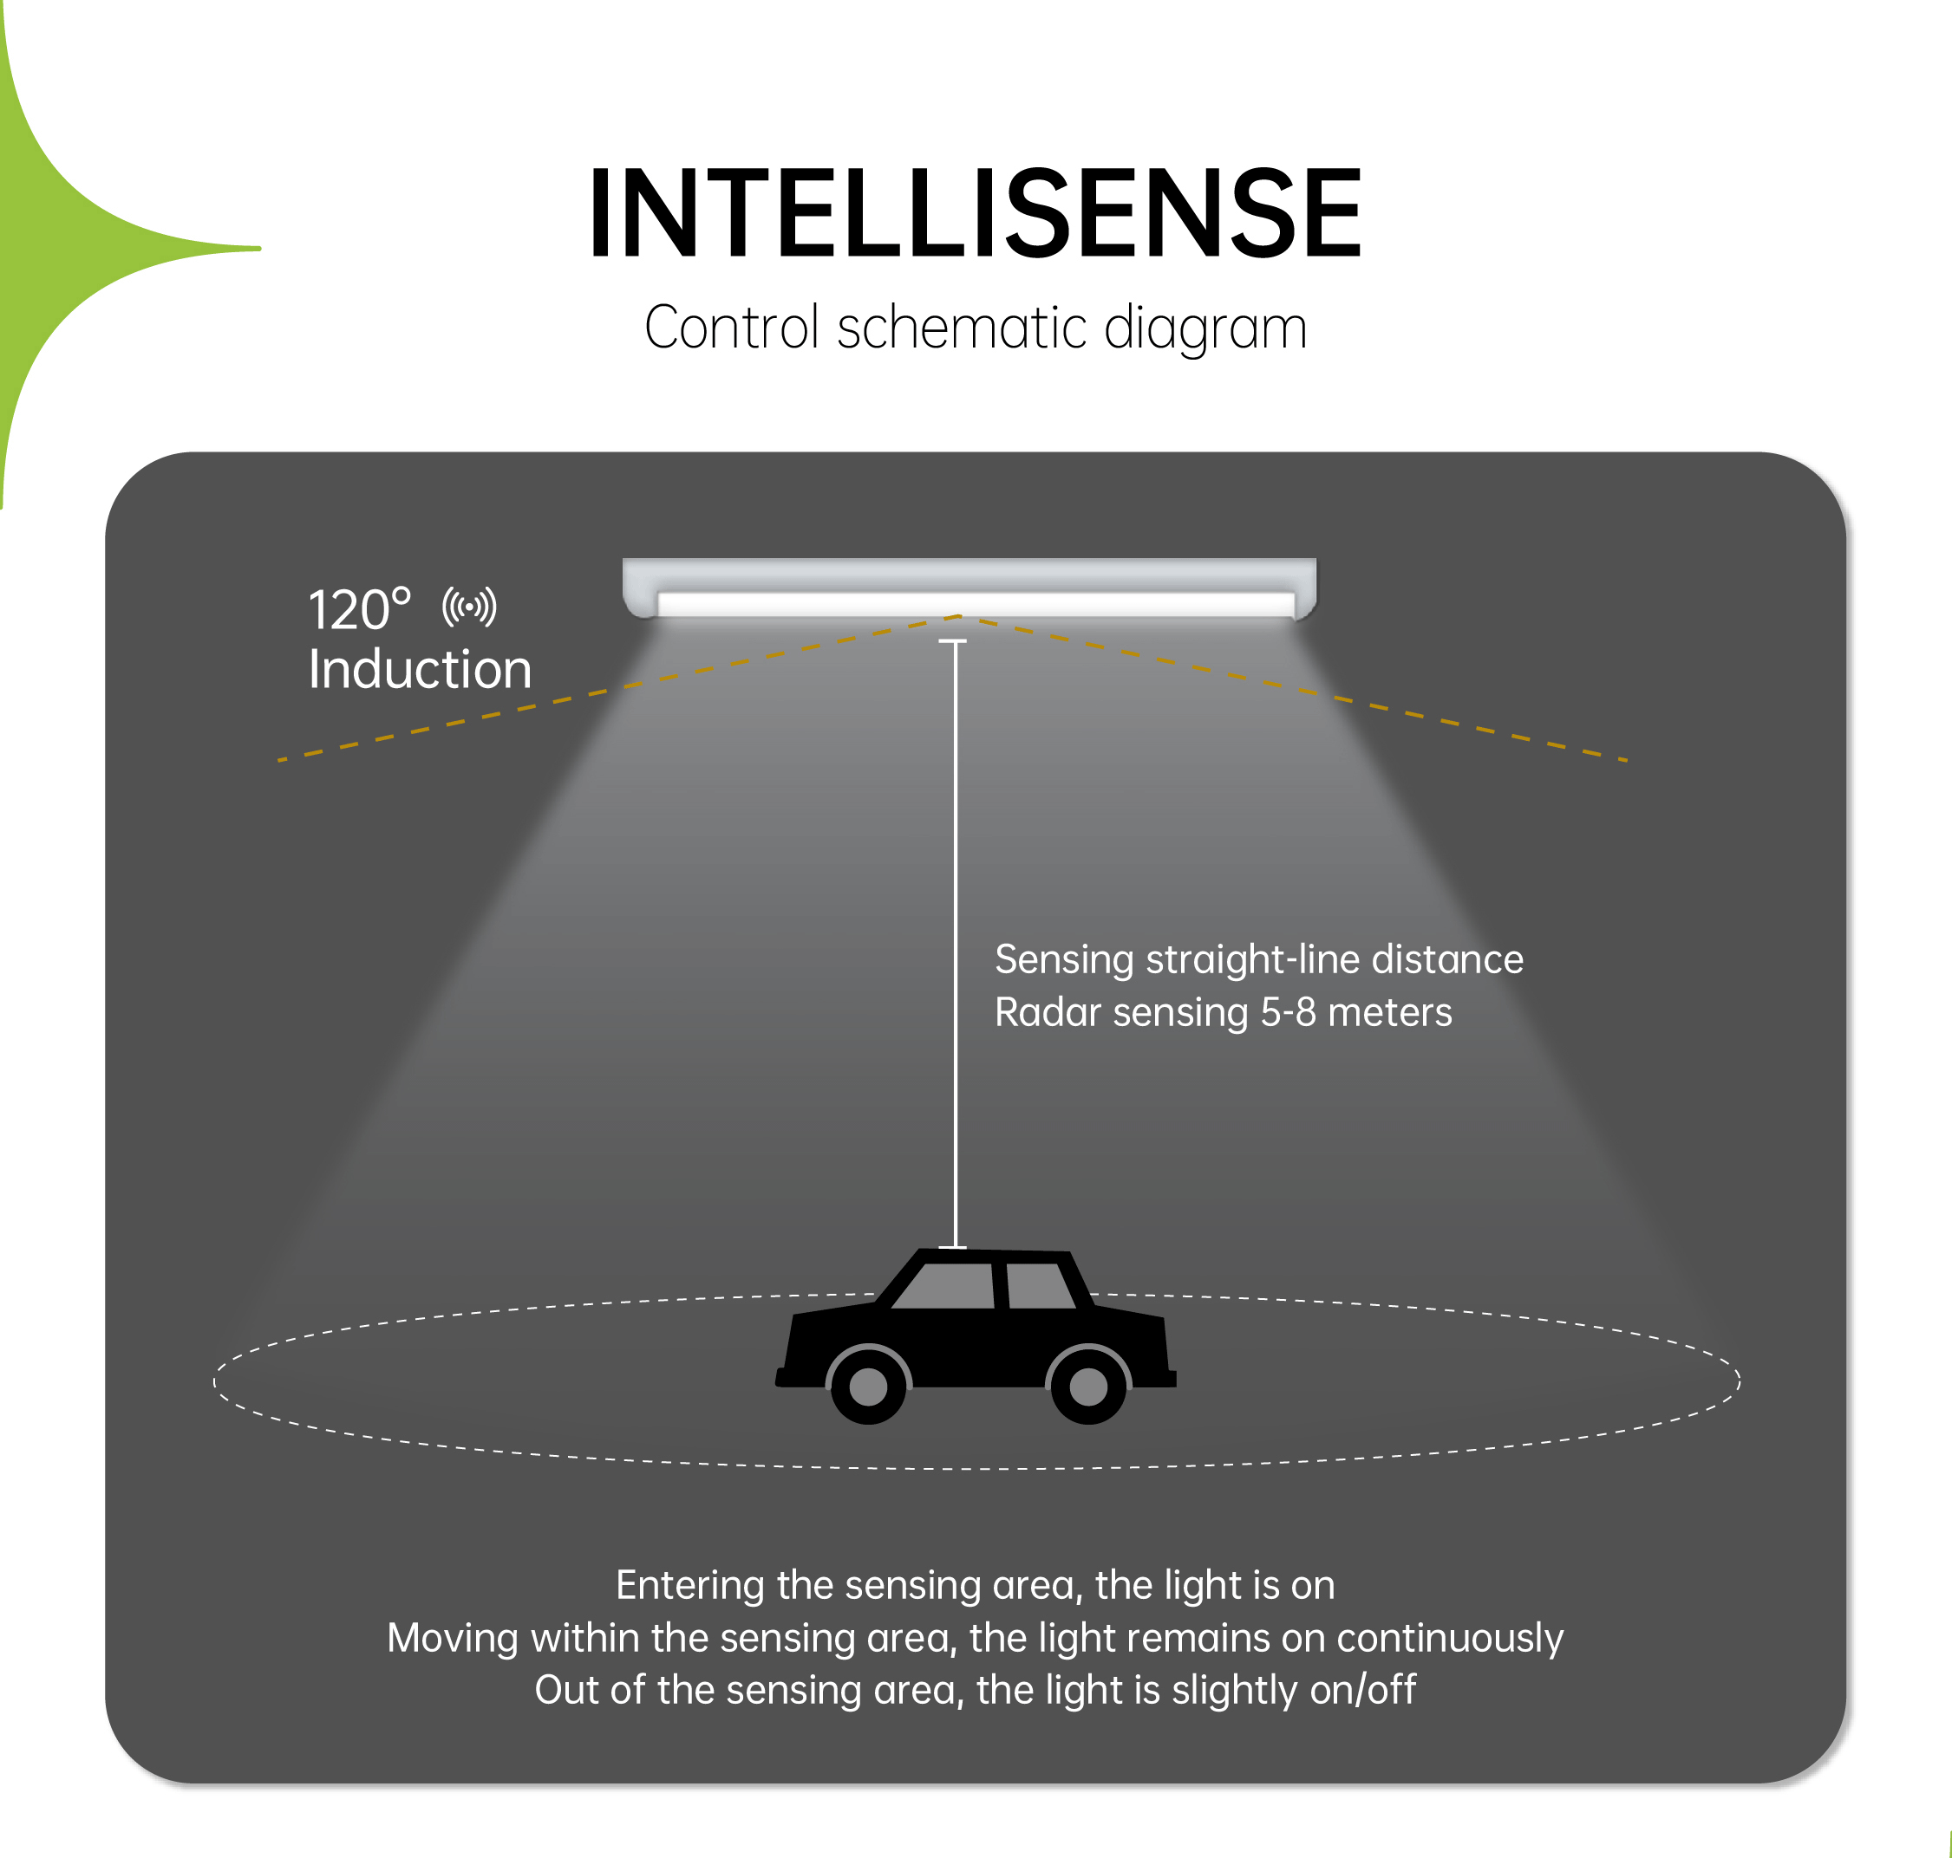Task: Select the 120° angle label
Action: pos(359,609)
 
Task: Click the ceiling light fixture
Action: pos(969,588)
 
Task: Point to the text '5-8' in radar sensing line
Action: pos(1288,1012)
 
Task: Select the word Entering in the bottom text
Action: pos(690,1586)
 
